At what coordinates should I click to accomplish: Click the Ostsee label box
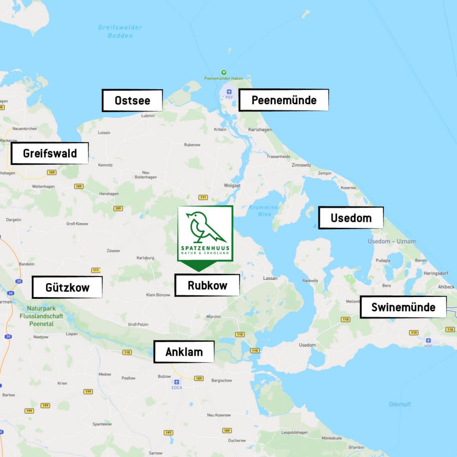(132, 101)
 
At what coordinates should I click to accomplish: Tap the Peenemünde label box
(284, 100)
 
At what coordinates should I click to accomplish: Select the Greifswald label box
(50, 153)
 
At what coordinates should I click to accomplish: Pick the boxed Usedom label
(351, 218)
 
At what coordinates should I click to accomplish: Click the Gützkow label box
(67, 287)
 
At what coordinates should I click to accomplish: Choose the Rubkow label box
(207, 285)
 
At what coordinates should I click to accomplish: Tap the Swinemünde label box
(403, 307)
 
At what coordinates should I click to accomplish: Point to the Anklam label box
(184, 352)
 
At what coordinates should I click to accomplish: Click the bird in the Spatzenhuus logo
(204, 227)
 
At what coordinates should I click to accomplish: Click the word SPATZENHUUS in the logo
(205, 248)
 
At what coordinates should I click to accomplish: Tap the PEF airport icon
(229, 92)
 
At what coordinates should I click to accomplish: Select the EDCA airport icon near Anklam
(177, 382)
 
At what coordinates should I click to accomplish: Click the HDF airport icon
(428, 340)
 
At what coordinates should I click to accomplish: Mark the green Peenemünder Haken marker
(224, 72)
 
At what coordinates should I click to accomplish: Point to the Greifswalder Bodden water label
(120, 31)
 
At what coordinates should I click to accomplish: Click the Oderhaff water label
(399, 404)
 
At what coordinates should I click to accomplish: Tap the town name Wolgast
(231, 185)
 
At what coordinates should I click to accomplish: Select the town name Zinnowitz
(301, 165)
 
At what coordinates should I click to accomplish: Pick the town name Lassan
(270, 279)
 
